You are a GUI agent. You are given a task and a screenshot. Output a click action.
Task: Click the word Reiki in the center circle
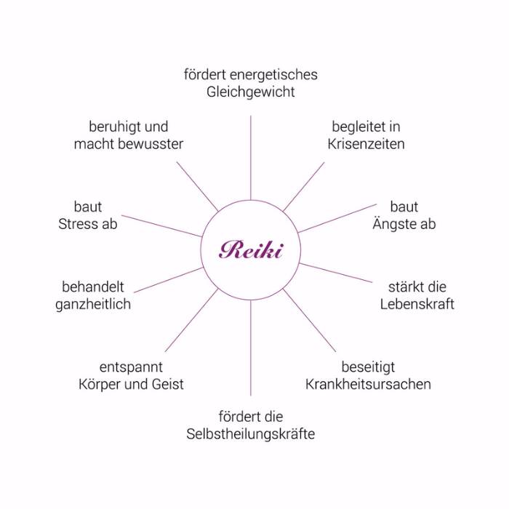251,250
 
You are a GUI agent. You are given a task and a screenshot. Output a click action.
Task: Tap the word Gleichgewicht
250,92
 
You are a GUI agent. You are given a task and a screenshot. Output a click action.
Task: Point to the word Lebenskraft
417,303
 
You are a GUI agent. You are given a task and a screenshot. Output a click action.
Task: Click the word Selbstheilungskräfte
250,434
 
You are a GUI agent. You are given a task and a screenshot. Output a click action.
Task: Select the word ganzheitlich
93,304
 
